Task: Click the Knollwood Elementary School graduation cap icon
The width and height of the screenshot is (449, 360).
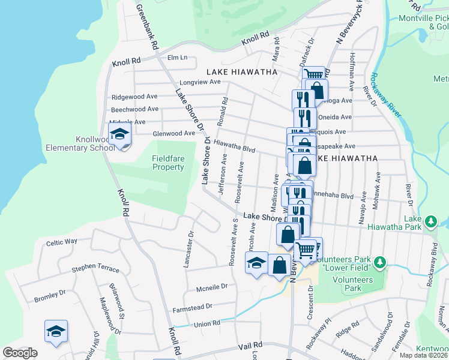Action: point(120,134)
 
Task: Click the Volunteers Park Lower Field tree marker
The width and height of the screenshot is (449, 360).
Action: point(379,262)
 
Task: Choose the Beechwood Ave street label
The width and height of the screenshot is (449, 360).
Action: point(135,109)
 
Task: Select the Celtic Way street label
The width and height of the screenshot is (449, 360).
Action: point(62,242)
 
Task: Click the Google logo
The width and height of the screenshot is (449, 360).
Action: point(20,353)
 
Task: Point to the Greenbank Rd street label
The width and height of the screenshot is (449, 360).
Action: point(146,27)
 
